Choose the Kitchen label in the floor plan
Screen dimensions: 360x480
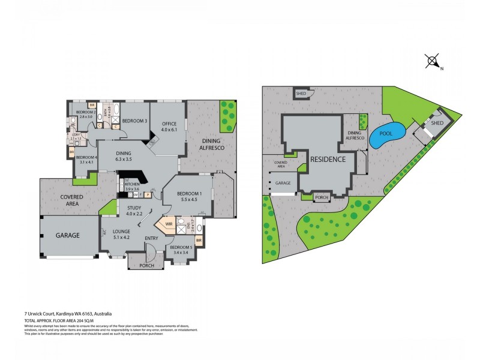tap(132, 187)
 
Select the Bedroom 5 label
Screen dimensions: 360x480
tap(181, 250)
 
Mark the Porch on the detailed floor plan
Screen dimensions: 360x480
tap(147, 265)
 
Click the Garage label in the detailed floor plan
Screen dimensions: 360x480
tap(68, 236)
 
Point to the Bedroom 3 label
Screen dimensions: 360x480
tap(135, 121)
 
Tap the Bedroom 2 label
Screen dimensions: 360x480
tap(83, 114)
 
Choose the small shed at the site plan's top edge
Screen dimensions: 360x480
tap(301, 94)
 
